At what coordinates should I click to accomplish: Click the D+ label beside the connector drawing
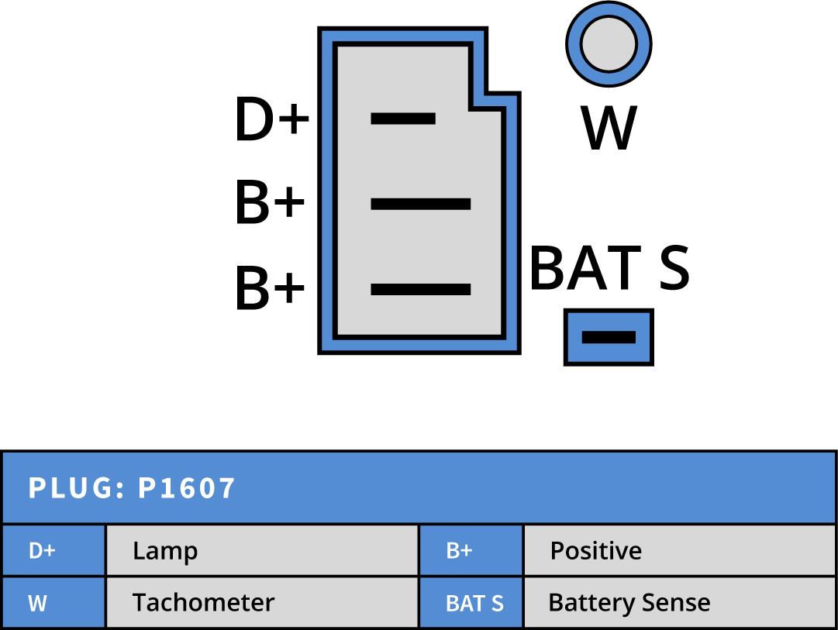click(271, 120)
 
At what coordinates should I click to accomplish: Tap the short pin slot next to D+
click(403, 119)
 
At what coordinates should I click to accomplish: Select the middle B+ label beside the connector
click(270, 204)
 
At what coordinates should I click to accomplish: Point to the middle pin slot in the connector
click(421, 204)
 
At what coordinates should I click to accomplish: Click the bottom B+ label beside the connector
click(270, 289)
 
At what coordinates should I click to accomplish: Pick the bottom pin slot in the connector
click(421, 289)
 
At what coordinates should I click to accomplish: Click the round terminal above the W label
click(609, 43)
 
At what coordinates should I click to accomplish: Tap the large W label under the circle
click(609, 128)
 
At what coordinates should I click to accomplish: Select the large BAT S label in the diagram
click(609, 268)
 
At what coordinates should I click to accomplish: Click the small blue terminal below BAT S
click(609, 337)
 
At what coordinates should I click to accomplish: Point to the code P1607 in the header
click(187, 488)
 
